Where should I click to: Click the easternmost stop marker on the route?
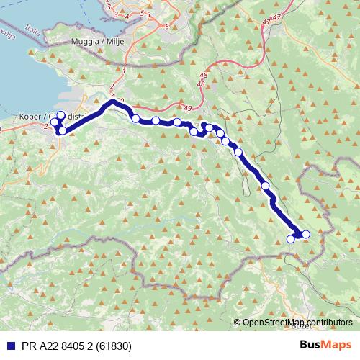[x=306, y=234]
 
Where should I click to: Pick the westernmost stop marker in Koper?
[x=55, y=122]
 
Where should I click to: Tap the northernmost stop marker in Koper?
[x=60, y=115]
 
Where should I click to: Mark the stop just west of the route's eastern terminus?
[x=291, y=239]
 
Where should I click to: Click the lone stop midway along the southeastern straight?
[x=266, y=186]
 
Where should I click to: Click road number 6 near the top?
[x=167, y=26]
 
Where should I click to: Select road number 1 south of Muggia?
[x=124, y=71]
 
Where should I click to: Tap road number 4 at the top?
[x=127, y=15]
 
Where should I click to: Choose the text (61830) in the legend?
[x=112, y=346]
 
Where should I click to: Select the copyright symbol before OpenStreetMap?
[x=238, y=323]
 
